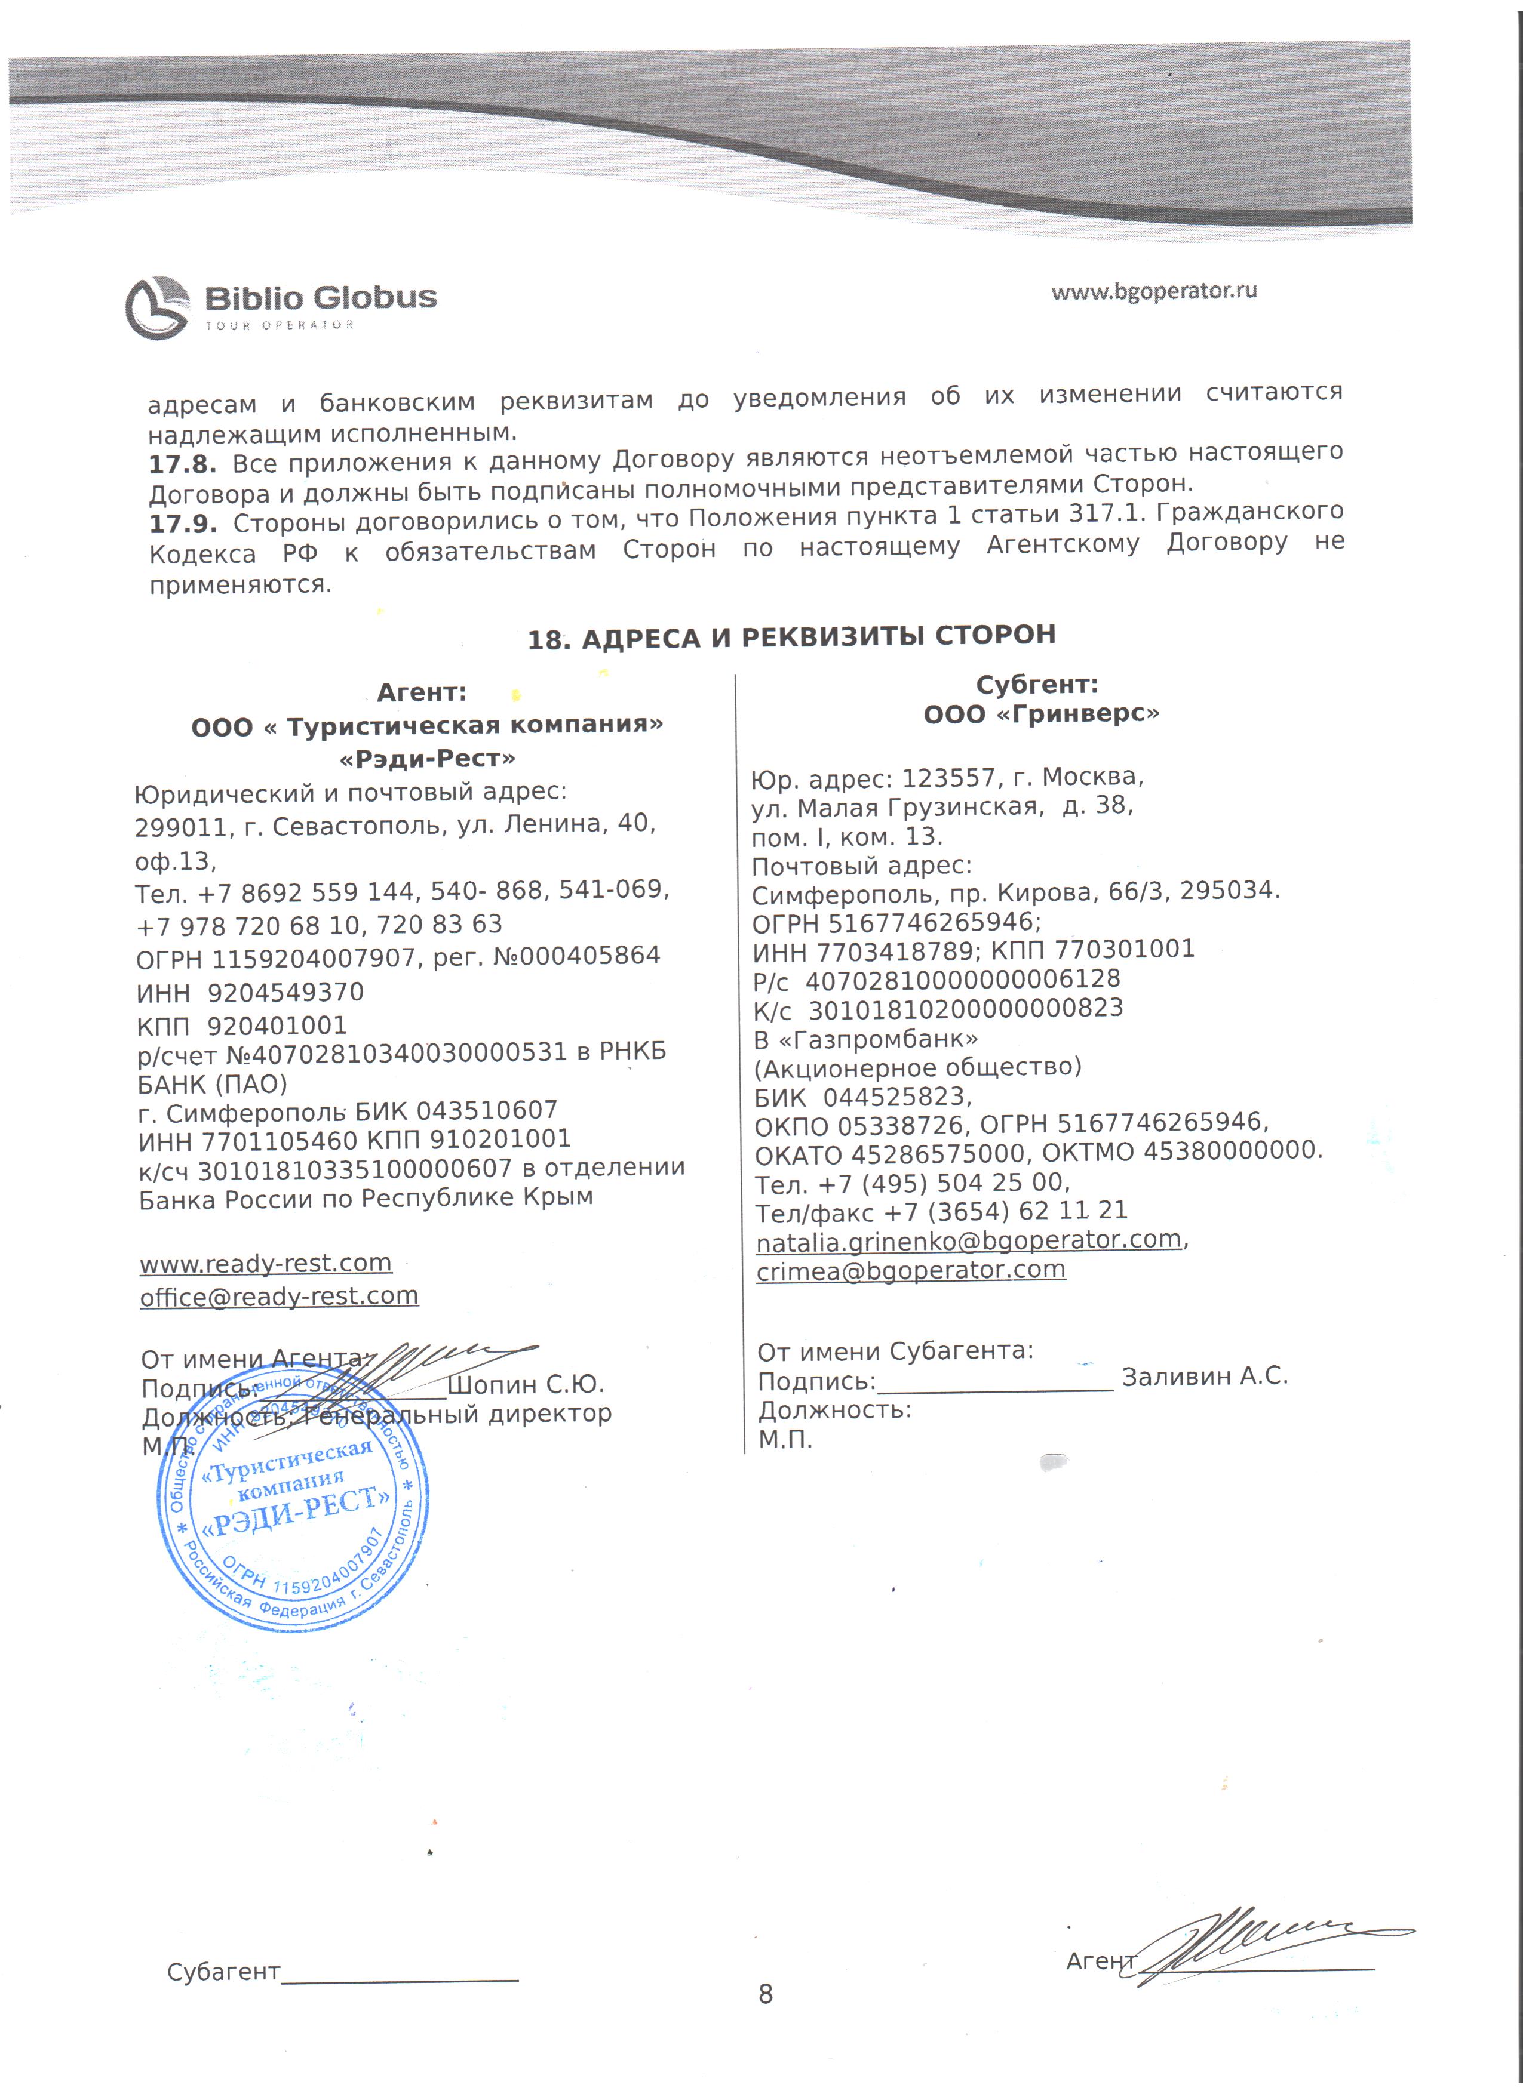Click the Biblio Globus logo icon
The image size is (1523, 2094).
[158, 307]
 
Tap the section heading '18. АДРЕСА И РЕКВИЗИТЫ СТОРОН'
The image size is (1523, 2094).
[791, 637]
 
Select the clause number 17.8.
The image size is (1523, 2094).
[183, 463]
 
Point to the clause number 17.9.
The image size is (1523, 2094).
[183, 523]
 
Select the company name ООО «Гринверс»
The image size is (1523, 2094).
[1041, 714]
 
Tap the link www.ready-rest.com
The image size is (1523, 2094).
[266, 1262]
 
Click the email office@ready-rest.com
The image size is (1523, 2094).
[279, 1297]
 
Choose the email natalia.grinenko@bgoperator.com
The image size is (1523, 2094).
[969, 1240]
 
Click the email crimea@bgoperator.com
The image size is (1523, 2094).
[911, 1270]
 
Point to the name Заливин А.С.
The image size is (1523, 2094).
[1204, 1377]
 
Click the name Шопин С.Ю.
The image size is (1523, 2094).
[526, 1385]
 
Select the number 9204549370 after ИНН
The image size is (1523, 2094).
[285, 993]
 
